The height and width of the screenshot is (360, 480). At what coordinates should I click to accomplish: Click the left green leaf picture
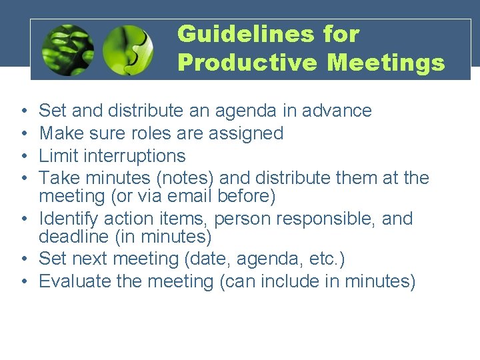click(x=67, y=50)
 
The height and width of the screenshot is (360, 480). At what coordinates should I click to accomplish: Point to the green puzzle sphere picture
click(x=129, y=50)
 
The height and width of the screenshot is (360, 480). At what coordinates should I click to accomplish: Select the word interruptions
click(x=130, y=156)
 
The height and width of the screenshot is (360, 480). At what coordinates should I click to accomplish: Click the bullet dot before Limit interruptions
click(x=23, y=157)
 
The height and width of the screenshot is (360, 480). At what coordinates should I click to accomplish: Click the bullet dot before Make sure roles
click(x=23, y=134)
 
